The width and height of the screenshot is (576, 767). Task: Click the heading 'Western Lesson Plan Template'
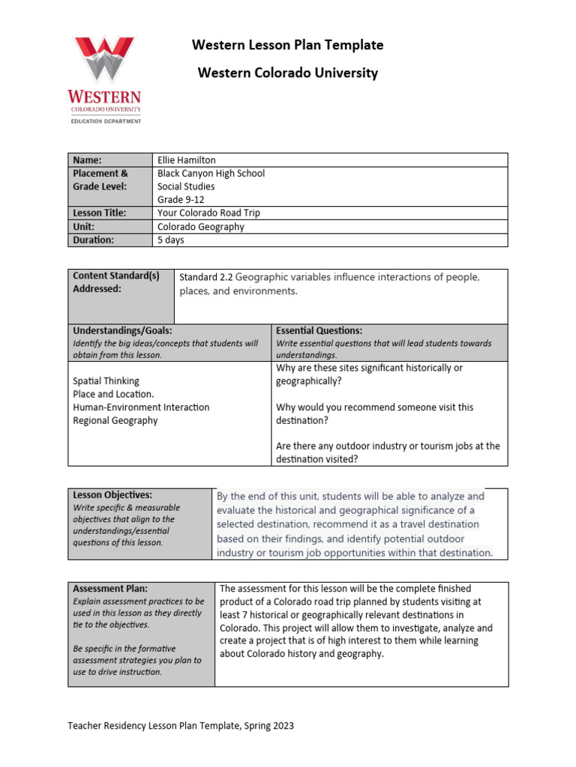coord(287,45)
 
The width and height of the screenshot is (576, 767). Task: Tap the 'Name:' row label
coord(87,160)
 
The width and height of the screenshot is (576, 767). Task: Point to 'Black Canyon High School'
coord(211,173)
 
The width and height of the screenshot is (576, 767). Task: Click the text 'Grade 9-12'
coord(181,199)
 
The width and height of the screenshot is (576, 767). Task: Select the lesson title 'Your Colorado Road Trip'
coord(208,213)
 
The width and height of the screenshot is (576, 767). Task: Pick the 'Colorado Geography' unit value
coord(200,226)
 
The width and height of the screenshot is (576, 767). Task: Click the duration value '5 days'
coord(170,240)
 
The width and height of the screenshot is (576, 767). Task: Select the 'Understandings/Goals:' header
coord(122,330)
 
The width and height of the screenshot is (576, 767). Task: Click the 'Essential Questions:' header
coord(319,330)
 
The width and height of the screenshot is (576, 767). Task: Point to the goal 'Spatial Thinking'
coord(106,381)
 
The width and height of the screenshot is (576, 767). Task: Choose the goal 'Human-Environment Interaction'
coord(141,407)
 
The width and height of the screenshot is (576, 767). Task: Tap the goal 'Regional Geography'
coord(115,420)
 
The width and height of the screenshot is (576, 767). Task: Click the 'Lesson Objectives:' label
coord(112,495)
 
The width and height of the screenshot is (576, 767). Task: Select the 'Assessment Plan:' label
coord(110,589)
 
